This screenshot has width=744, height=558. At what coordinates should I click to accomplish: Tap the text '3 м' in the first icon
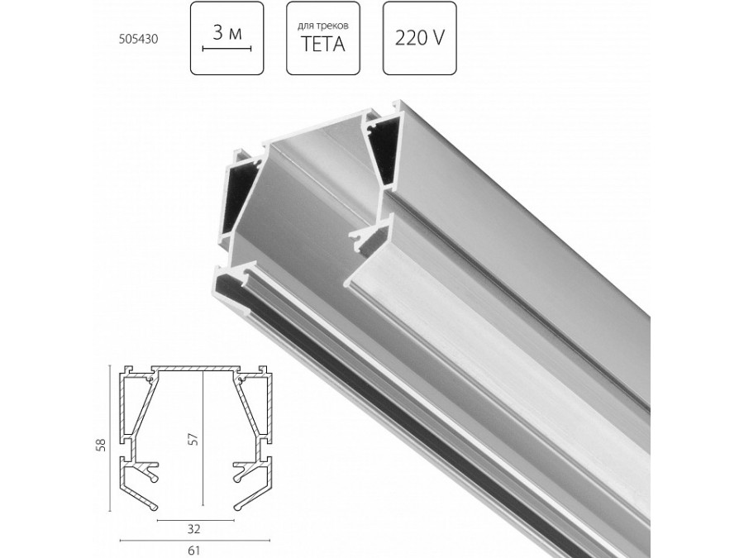(x=227, y=34)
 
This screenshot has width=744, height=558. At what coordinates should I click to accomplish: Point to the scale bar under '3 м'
(x=227, y=50)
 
